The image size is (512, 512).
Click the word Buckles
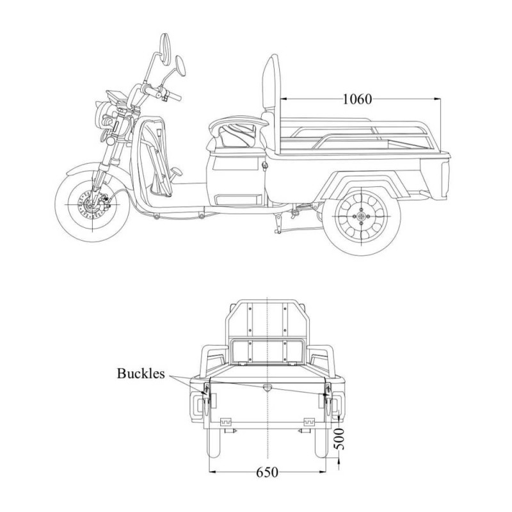[x=141, y=372]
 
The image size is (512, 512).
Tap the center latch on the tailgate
[x=267, y=387]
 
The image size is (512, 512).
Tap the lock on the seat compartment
[x=264, y=166]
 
